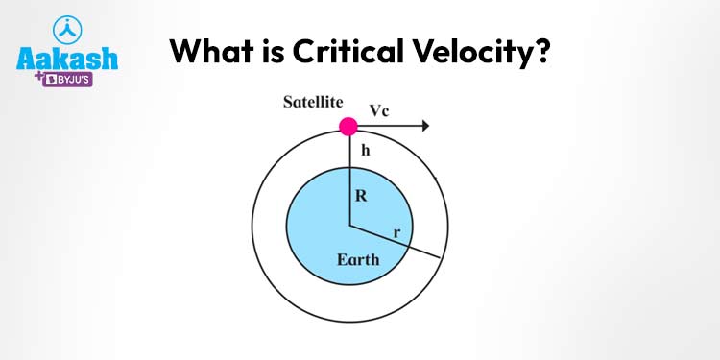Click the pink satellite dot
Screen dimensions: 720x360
click(x=348, y=127)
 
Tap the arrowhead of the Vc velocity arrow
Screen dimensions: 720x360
click(x=425, y=126)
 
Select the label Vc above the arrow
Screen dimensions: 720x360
click(x=379, y=111)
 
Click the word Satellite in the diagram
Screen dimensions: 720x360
click(x=313, y=102)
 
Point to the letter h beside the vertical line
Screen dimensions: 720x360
click(x=365, y=150)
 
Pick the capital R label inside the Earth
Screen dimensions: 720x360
click(x=361, y=196)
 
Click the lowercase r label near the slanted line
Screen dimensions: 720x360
click(x=396, y=233)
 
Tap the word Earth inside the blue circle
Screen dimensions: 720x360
click(x=358, y=260)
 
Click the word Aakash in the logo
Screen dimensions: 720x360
click(x=67, y=60)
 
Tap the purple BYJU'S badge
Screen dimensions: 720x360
click(x=67, y=80)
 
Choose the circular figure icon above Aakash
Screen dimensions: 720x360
click(x=67, y=30)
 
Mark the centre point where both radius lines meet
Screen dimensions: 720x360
click(x=349, y=225)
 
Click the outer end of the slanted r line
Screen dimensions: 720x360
click(x=441, y=258)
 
